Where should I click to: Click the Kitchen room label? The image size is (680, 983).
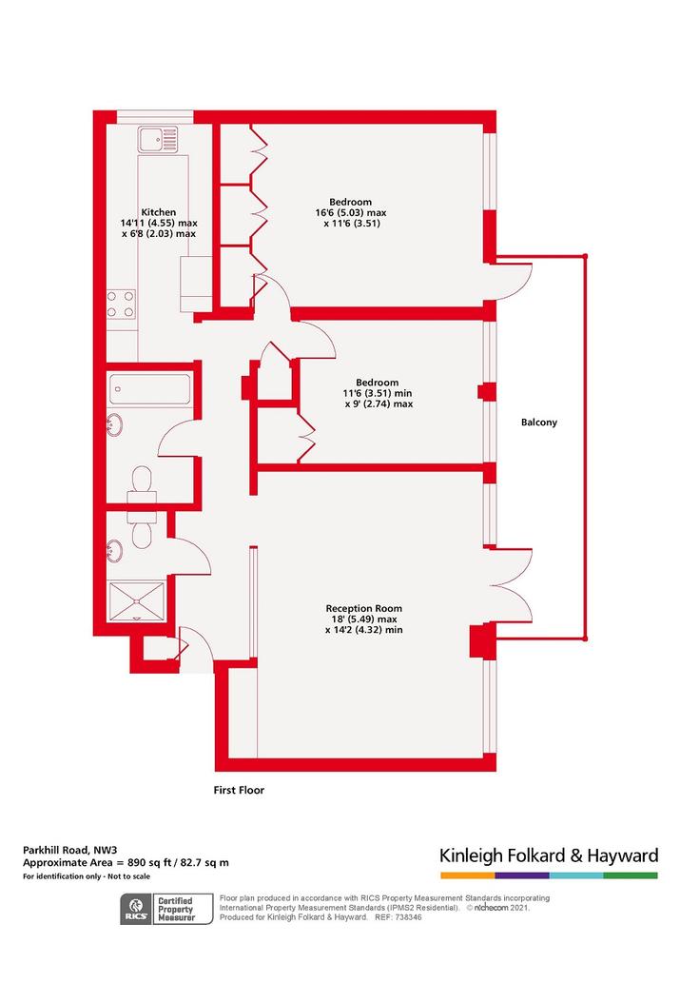[159, 212]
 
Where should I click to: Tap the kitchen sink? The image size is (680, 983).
[159, 139]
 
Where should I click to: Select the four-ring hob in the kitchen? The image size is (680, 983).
[121, 304]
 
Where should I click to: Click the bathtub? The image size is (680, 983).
[149, 389]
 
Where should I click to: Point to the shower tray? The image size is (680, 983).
[137, 600]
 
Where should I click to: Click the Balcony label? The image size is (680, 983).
[539, 423]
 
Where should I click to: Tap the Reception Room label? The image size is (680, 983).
[364, 608]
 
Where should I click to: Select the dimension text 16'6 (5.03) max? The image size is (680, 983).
[351, 212]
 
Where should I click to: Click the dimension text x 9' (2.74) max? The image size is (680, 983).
[379, 403]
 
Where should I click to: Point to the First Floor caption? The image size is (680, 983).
[239, 790]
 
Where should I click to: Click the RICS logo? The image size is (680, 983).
[136, 910]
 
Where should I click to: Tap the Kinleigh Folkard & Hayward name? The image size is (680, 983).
[549, 855]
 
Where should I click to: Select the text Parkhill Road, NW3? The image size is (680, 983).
[69, 850]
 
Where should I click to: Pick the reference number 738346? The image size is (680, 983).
[407, 917]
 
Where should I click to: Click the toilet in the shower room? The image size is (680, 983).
[143, 528]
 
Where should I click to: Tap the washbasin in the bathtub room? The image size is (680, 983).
[115, 425]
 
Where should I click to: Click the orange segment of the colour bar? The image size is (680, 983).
[468, 875]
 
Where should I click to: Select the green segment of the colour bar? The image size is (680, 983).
[631, 875]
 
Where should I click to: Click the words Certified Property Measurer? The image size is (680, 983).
[176, 909]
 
